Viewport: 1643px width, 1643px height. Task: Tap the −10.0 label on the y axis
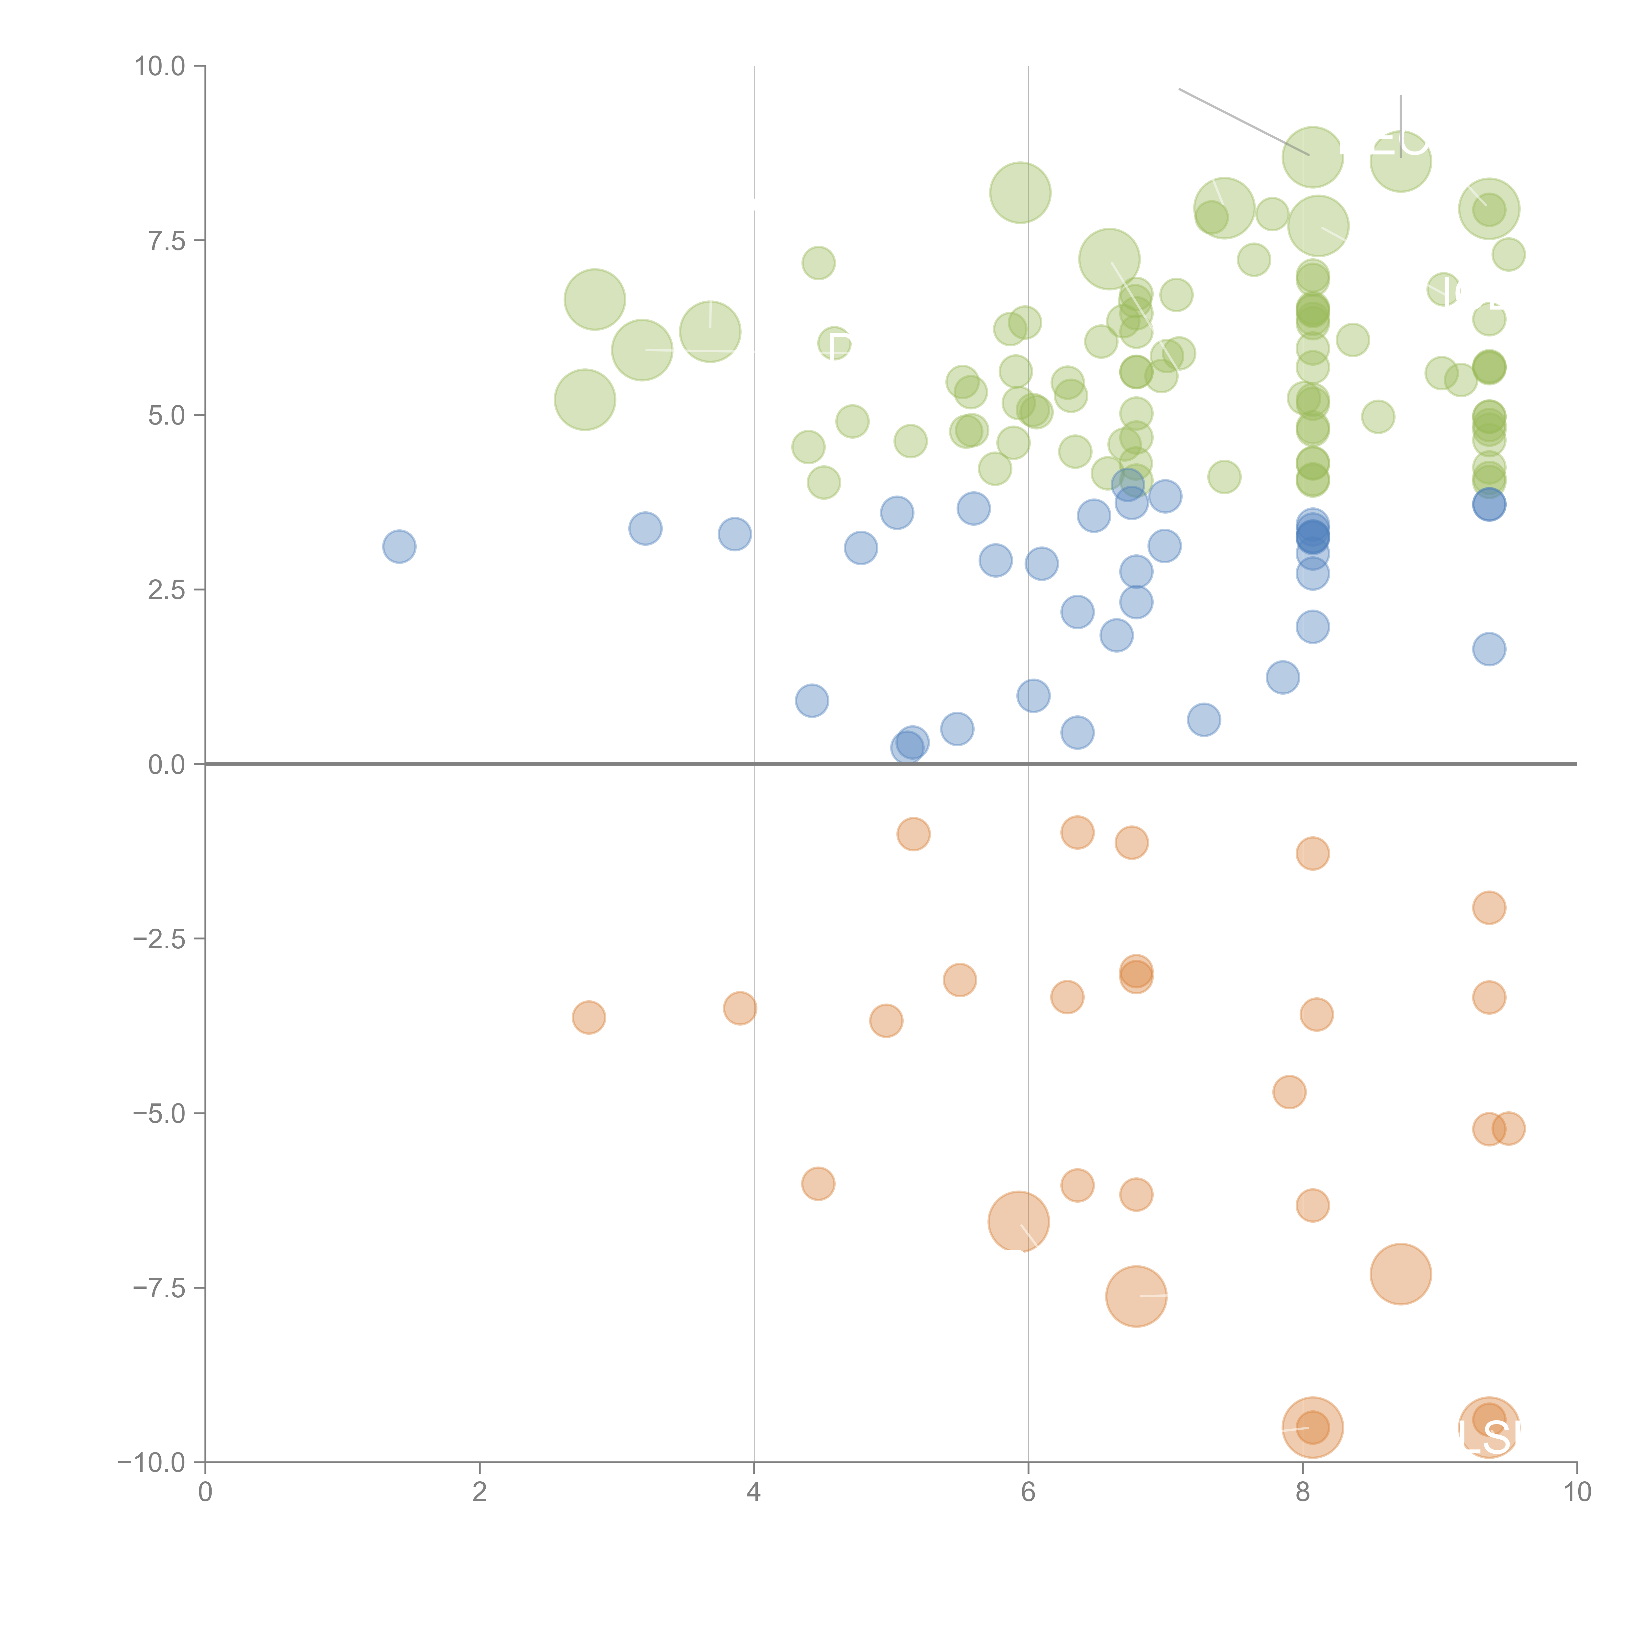(151, 1463)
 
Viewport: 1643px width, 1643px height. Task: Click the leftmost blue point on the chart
(399, 546)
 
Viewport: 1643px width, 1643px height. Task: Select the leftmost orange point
(589, 1017)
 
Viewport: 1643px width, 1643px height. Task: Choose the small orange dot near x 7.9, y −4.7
(1289, 1092)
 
